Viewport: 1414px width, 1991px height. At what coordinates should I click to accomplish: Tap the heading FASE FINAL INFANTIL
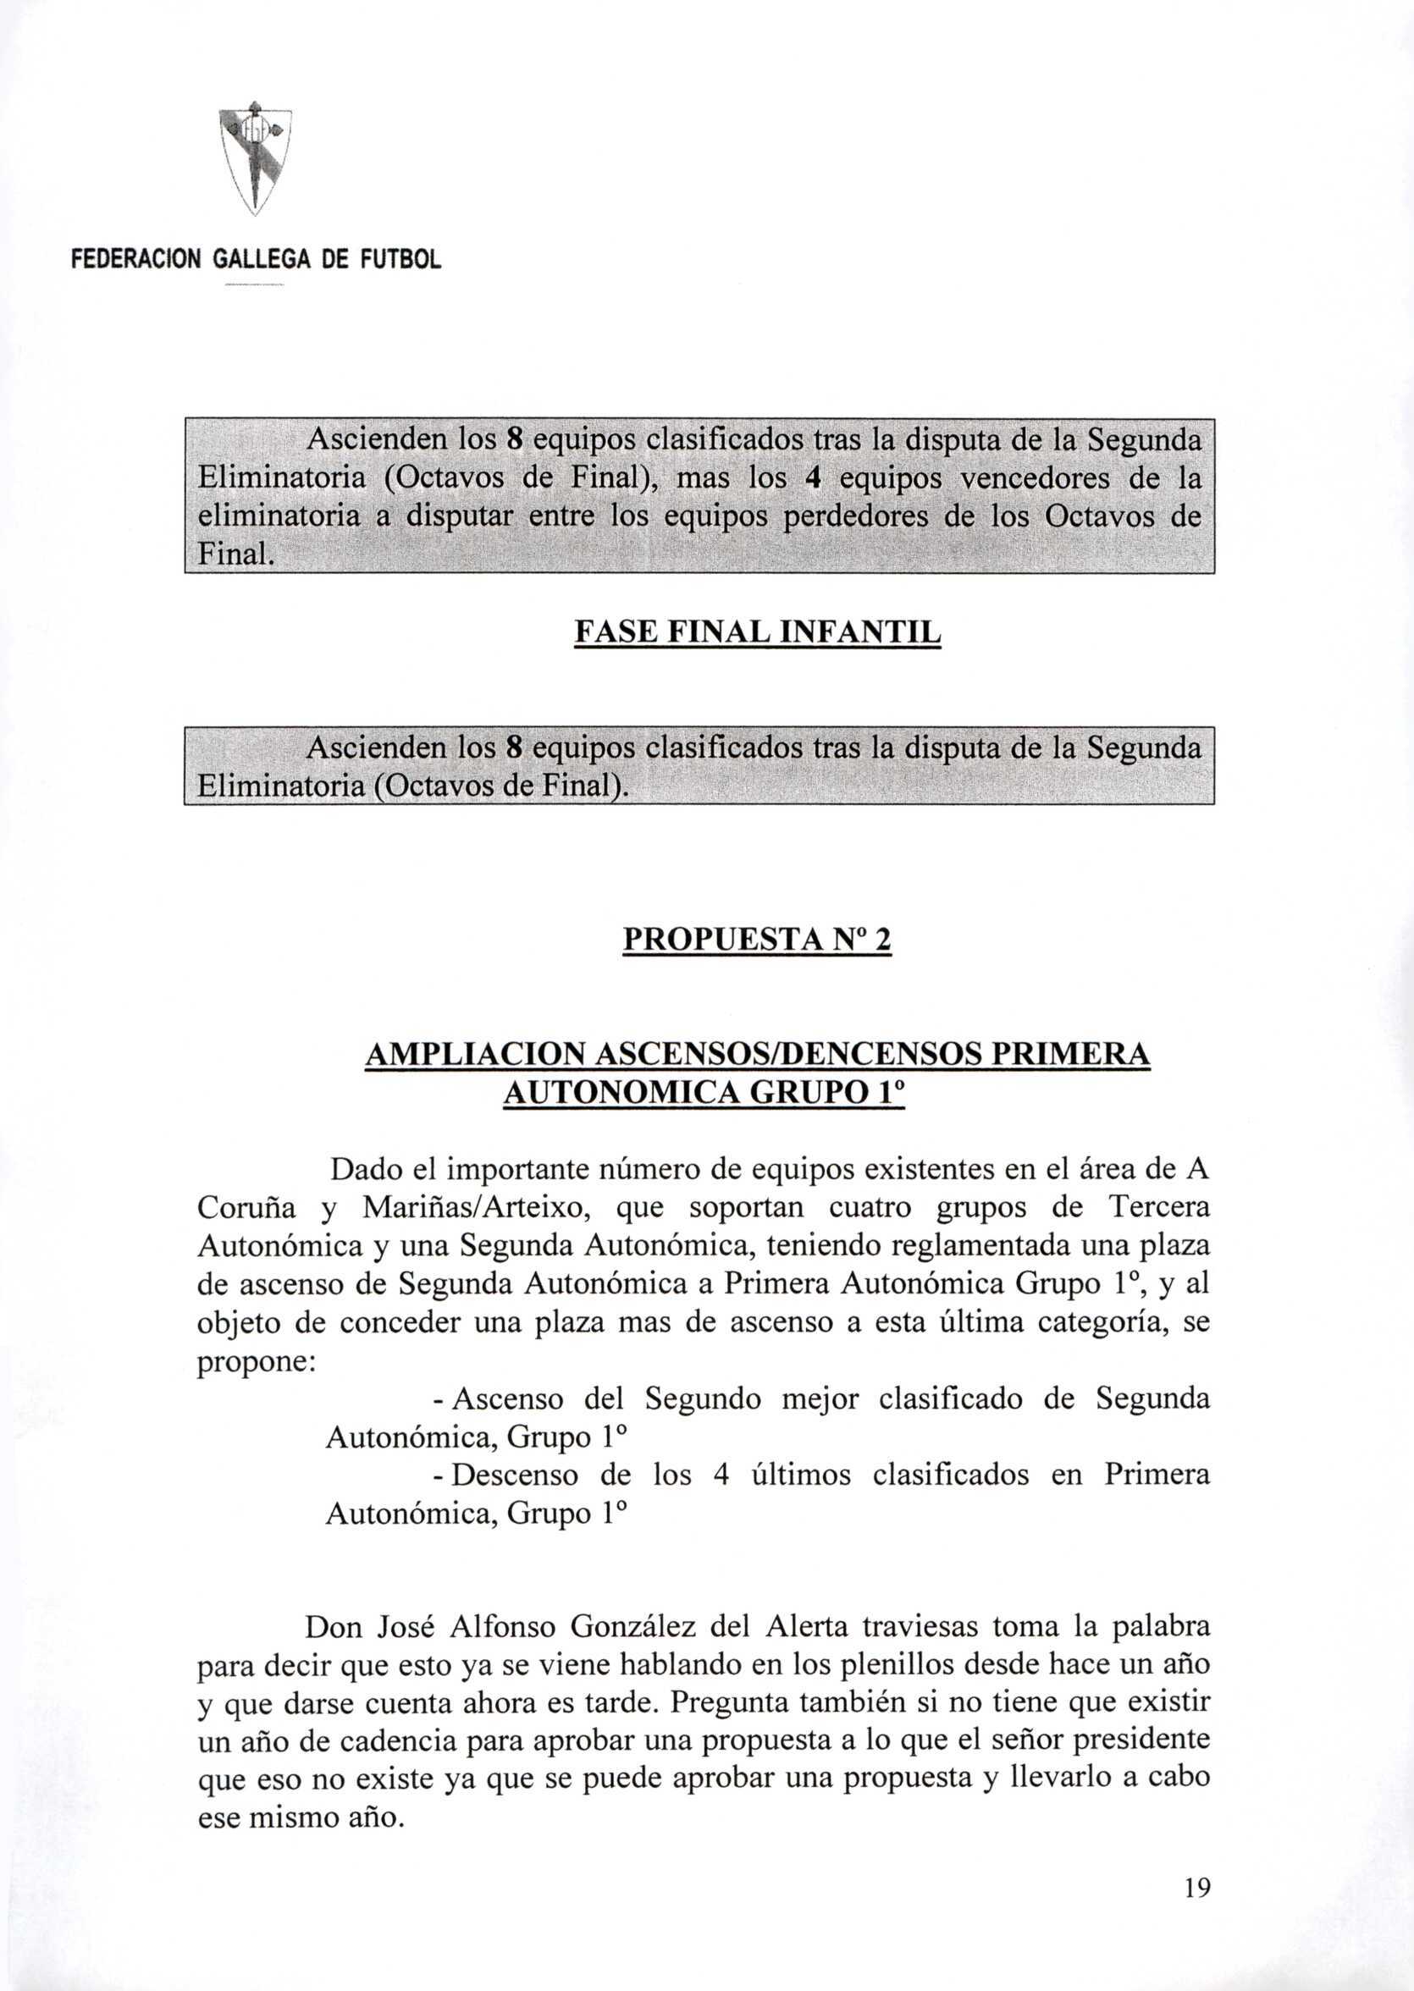[758, 633]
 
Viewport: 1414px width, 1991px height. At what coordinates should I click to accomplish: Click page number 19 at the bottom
[1196, 1913]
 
